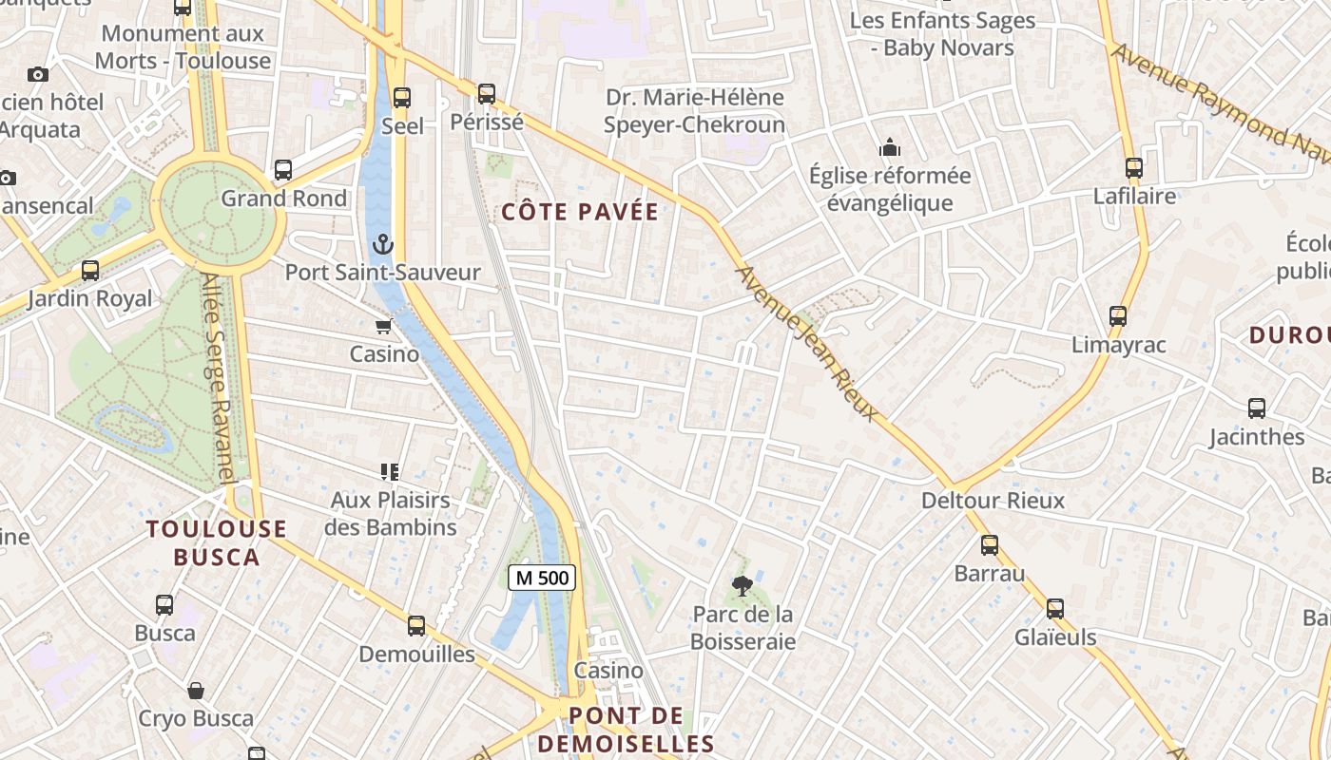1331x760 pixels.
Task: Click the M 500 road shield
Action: [542, 577]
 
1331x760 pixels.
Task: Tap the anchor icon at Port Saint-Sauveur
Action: [382, 244]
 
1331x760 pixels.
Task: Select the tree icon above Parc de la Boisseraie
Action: [742, 586]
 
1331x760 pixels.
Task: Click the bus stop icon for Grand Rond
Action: [283, 170]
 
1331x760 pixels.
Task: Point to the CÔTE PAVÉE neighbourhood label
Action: [580, 212]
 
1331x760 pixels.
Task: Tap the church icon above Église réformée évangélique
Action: [890, 147]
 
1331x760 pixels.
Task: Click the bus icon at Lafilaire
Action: [1133, 168]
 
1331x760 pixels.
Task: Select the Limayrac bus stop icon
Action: [1118, 316]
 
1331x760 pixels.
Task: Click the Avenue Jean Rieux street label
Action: [808, 343]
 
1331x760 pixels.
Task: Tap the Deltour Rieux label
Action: [993, 500]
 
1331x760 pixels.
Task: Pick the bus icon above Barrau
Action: [990, 545]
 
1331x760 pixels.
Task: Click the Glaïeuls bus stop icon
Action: [1054, 609]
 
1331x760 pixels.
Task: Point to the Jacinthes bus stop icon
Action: [1256, 408]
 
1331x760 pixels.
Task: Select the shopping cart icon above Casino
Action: [383, 327]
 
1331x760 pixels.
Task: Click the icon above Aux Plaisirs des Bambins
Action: [388, 471]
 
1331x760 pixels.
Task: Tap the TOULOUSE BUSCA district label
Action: [217, 542]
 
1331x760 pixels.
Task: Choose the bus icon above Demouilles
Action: [416, 625]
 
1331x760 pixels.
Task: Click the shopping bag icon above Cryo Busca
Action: [196, 690]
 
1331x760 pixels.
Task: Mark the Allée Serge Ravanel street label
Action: [219, 380]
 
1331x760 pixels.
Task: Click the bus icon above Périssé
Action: [487, 94]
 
